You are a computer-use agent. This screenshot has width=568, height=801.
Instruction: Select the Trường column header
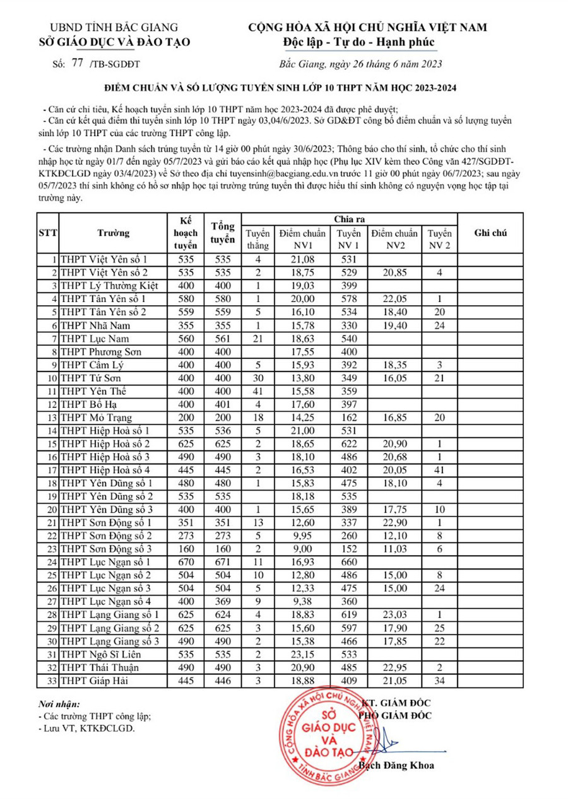114,233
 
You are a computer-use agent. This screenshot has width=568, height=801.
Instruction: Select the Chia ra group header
349,218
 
